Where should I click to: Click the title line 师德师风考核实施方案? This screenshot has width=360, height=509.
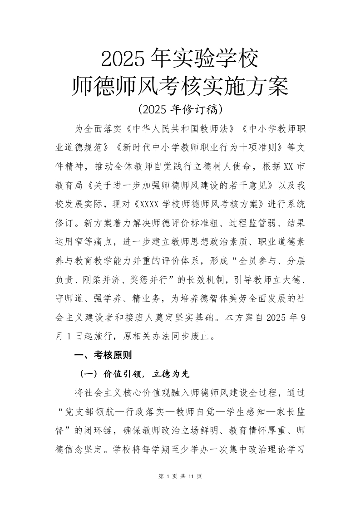[x=180, y=86]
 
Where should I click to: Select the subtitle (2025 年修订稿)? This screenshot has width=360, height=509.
[x=180, y=109]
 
